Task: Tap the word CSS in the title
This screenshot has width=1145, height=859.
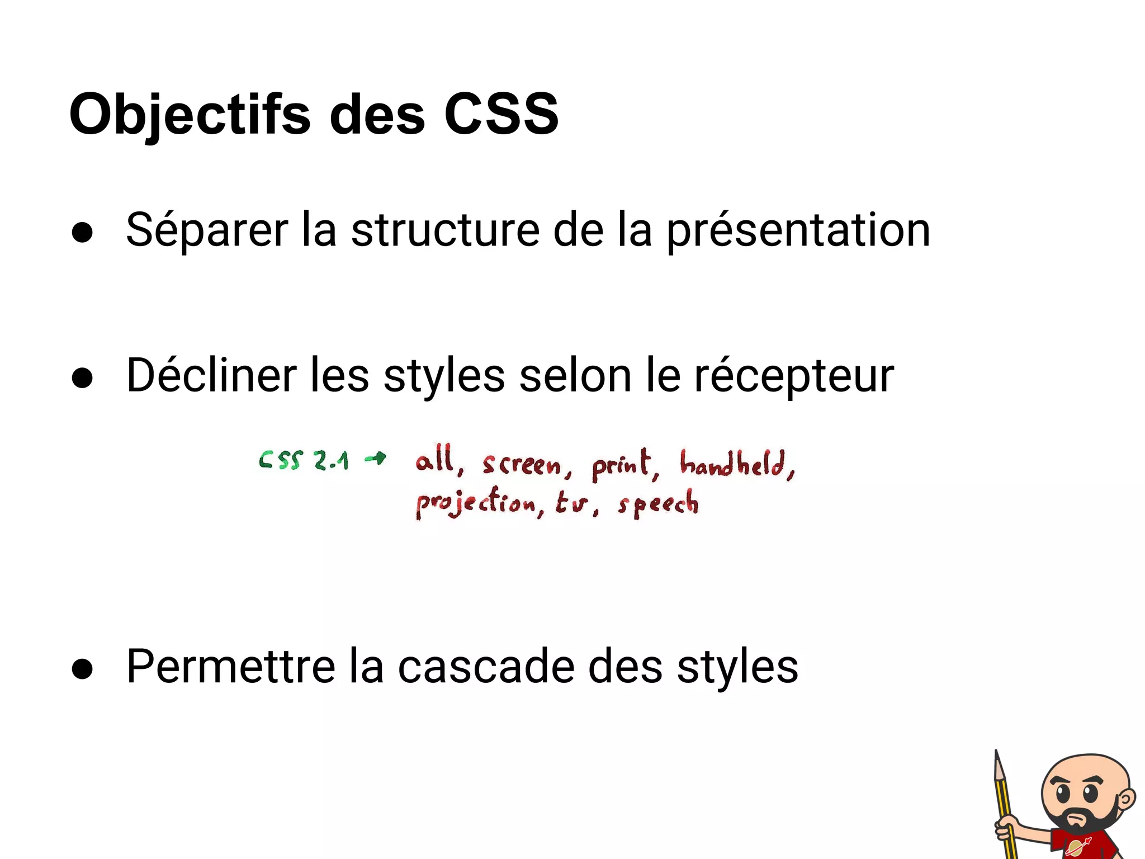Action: [x=501, y=114]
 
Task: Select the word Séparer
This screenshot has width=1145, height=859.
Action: [x=207, y=230]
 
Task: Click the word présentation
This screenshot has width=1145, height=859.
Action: [x=798, y=231]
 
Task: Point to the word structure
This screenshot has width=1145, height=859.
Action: [x=445, y=230]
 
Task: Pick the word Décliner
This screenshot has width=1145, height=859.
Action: [x=211, y=375]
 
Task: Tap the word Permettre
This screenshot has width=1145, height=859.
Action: [x=230, y=666]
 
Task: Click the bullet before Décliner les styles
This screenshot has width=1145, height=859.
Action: [x=82, y=378]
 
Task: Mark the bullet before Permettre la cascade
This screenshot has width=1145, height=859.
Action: [x=82, y=669]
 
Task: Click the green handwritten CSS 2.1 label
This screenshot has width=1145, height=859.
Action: [x=304, y=460]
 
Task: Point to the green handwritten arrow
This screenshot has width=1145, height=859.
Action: [x=375, y=459]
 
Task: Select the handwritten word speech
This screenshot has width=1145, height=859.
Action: [x=658, y=504]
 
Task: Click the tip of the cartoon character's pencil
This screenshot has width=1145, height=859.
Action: [x=996, y=753]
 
